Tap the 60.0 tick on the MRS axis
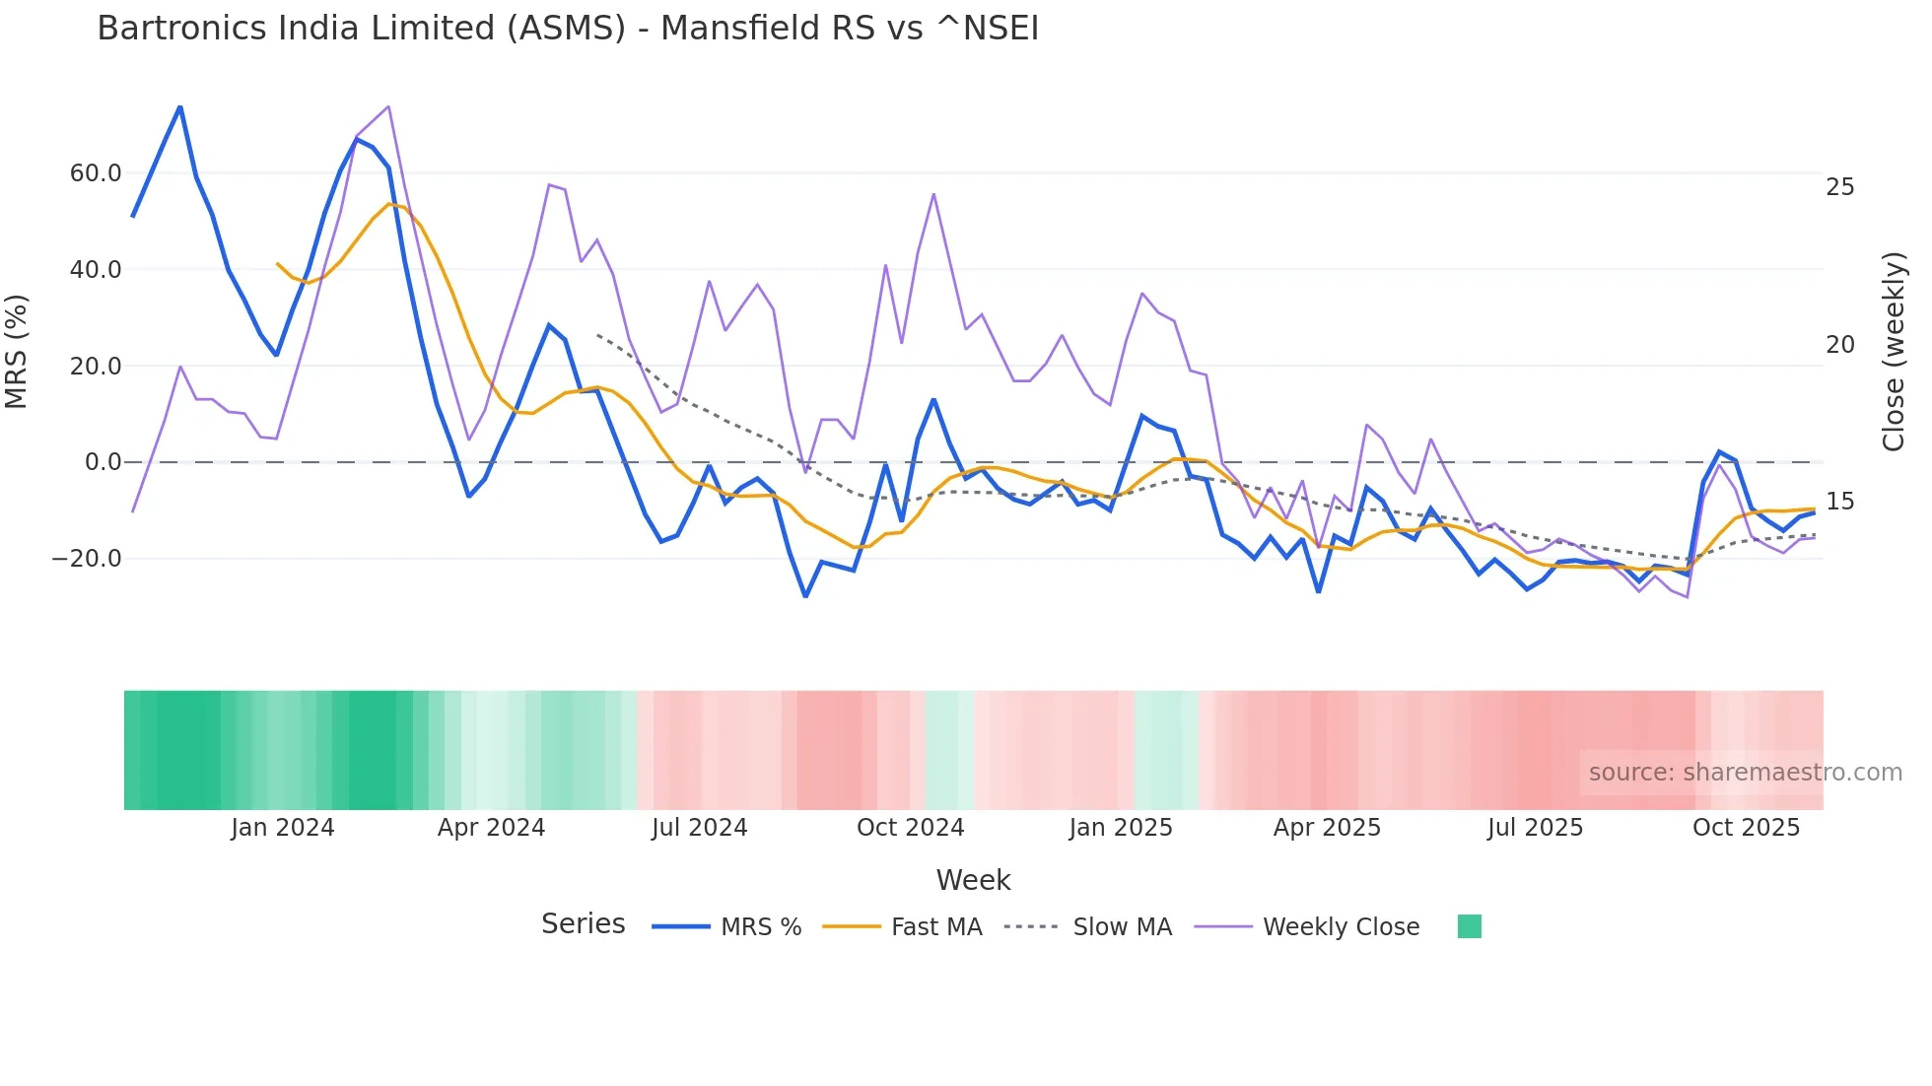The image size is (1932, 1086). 95,173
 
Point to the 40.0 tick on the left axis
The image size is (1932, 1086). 95,270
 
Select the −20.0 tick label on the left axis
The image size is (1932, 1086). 87,559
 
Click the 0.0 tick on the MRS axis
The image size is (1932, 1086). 103,462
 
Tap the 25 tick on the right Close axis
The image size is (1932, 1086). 1839,187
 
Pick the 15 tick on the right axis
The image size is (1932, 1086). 1839,502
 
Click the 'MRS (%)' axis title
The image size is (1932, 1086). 17,352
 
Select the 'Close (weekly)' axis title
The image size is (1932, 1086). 1893,352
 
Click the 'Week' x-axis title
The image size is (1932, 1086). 973,880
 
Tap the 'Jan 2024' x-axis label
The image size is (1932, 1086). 282,828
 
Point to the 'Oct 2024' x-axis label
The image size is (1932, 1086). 910,828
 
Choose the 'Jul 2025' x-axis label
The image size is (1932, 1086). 1535,828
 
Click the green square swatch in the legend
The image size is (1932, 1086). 1469,926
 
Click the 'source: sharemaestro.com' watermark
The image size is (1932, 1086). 1745,773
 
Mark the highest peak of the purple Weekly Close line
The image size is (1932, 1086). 388,106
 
